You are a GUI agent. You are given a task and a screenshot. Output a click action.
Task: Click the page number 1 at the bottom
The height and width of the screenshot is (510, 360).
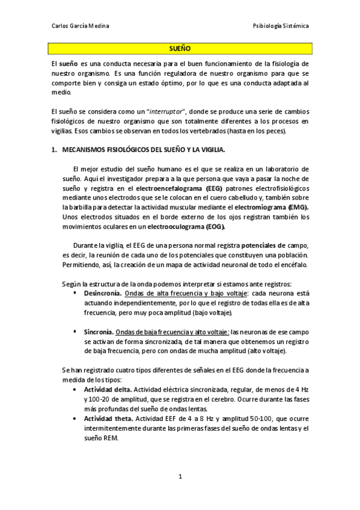click(180, 477)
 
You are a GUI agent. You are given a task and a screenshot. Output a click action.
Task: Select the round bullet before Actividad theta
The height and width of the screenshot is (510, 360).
click(74, 419)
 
